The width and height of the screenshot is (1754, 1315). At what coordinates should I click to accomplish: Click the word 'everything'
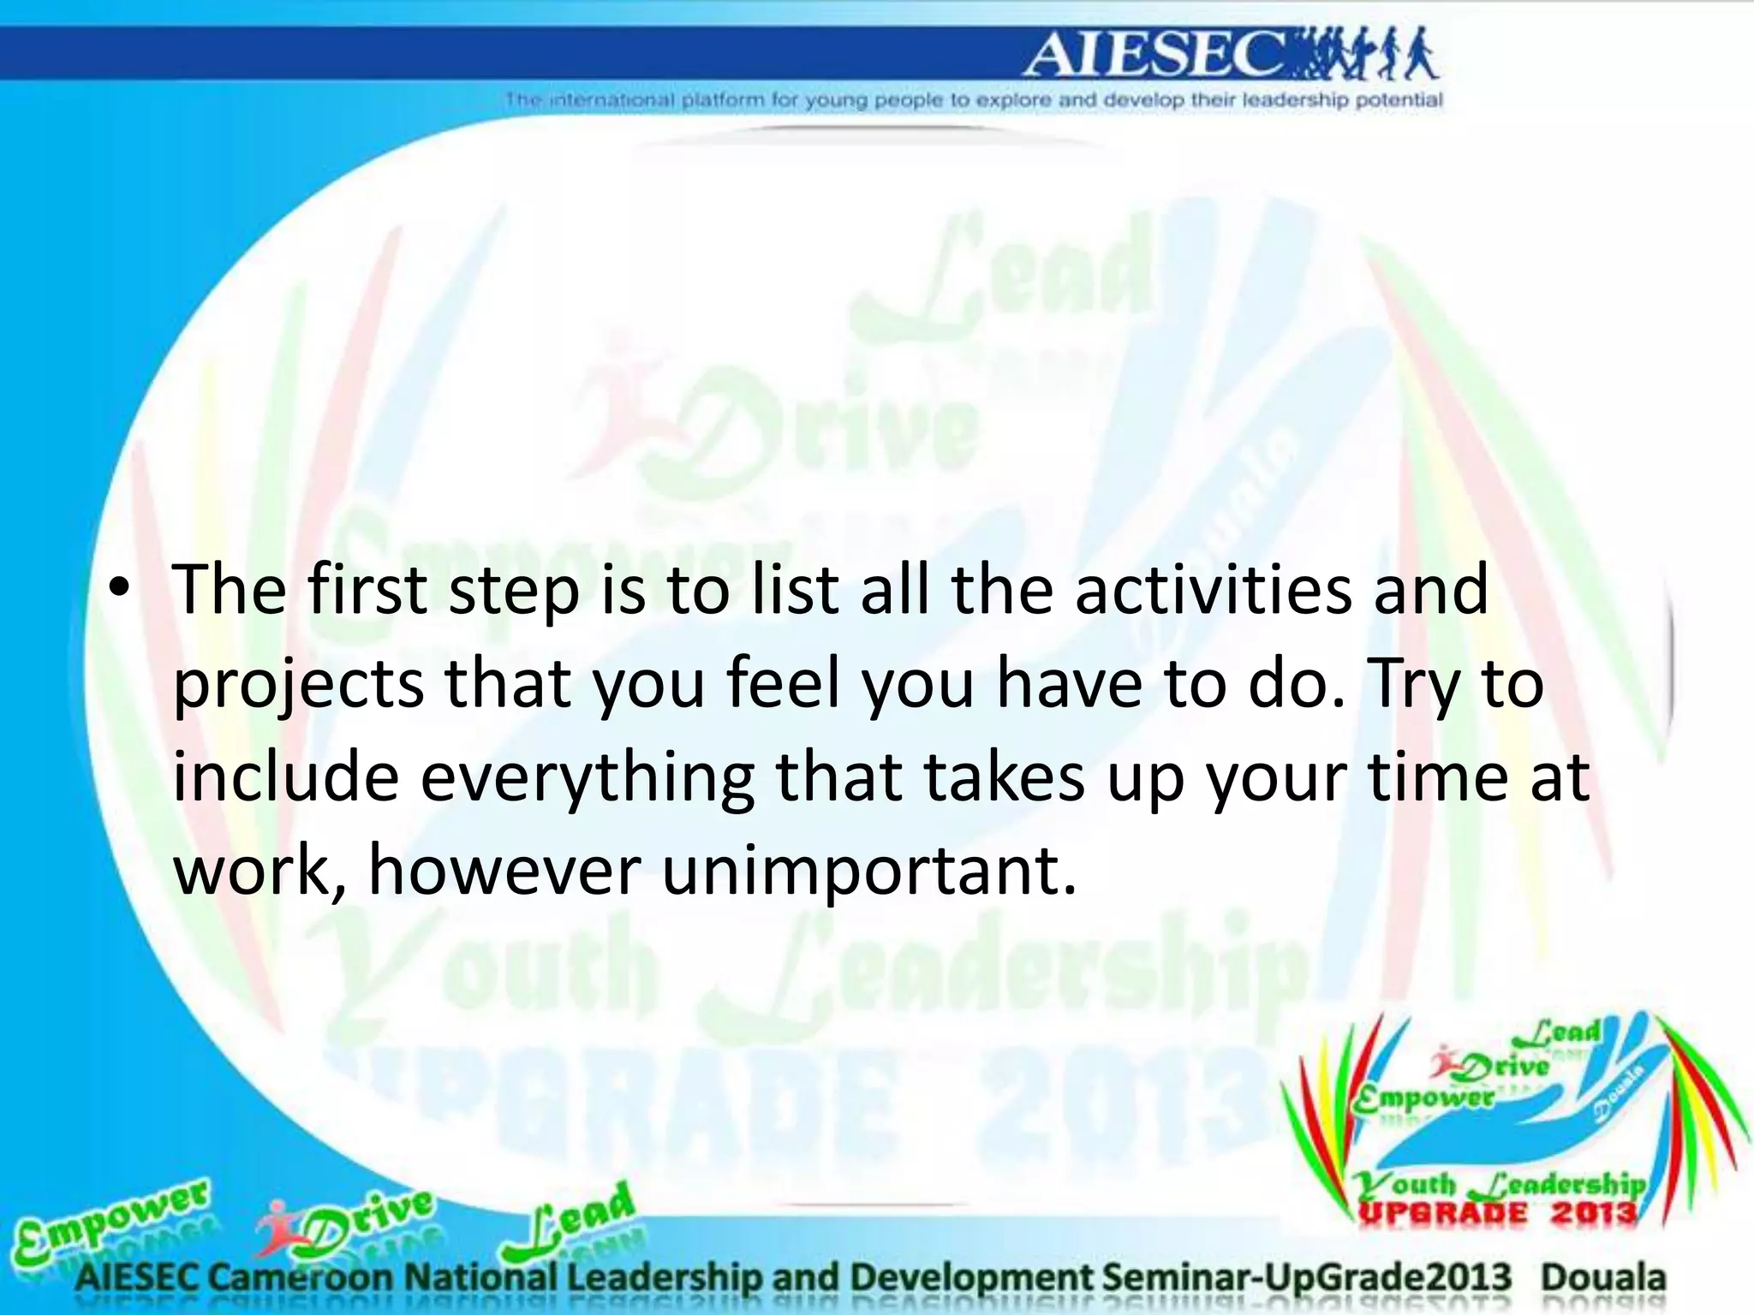click(x=587, y=779)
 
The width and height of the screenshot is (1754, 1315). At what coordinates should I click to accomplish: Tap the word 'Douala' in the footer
click(x=1603, y=1278)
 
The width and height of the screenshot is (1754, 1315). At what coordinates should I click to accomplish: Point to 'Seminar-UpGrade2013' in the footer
click(x=1307, y=1278)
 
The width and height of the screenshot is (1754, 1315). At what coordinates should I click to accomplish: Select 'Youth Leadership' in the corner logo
click(x=1499, y=1185)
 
